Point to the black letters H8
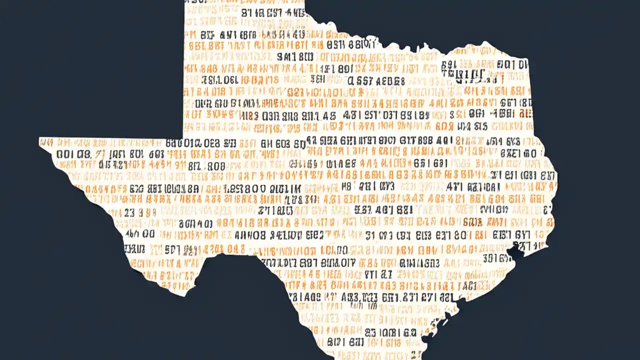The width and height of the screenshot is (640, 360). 347,186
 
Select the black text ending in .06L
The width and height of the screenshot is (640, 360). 219,80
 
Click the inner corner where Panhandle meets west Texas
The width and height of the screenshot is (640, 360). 184,138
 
